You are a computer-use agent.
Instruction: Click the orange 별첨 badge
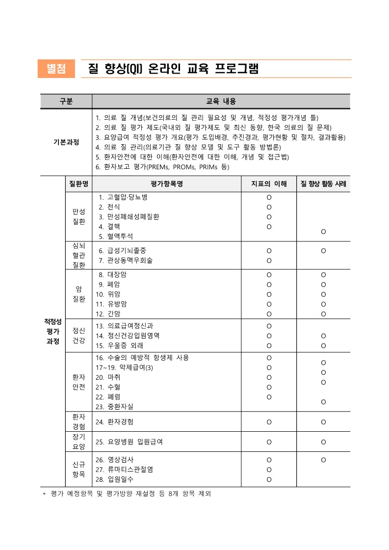(56, 69)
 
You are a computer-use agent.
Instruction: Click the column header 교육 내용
(221, 102)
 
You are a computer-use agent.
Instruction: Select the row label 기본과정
(66, 142)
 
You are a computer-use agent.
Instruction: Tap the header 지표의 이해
(269, 184)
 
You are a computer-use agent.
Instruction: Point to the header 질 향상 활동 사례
(323, 184)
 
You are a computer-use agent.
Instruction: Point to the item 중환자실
(120, 407)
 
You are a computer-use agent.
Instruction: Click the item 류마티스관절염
(130, 470)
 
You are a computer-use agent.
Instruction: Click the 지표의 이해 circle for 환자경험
(269, 422)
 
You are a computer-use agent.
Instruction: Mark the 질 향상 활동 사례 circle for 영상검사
(323, 460)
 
